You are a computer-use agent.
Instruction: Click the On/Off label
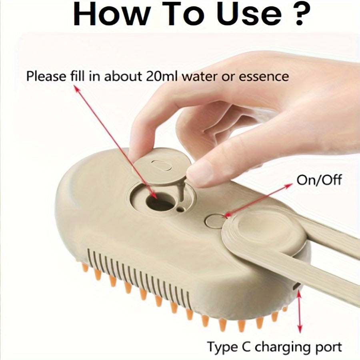tap(319, 180)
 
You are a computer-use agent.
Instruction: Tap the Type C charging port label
tap(274, 346)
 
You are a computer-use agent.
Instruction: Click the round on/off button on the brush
tap(215, 220)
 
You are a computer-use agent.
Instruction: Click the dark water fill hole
tap(159, 202)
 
